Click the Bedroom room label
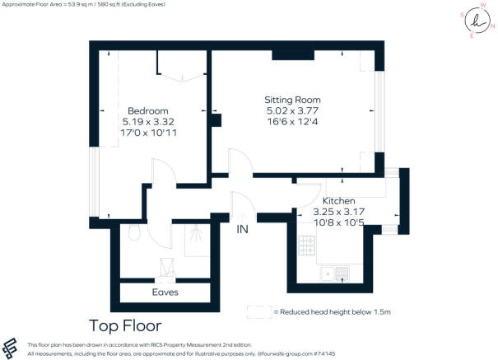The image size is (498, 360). [x=148, y=110]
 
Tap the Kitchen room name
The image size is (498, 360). [x=339, y=201]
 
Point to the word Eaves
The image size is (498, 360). [x=165, y=292]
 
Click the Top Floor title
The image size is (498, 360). [x=125, y=326]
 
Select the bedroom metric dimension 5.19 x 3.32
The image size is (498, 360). [x=148, y=121]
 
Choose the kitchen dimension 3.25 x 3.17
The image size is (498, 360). [x=339, y=212]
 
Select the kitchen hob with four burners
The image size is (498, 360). [x=306, y=245]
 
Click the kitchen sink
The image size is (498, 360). [x=338, y=274]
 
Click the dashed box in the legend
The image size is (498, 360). [x=258, y=312]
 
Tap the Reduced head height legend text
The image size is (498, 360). [x=335, y=312]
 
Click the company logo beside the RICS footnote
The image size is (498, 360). [x=12, y=348]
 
